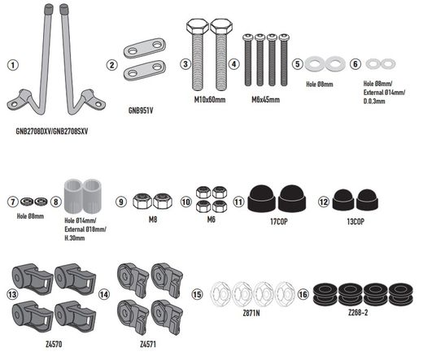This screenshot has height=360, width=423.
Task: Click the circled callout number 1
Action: (13, 65)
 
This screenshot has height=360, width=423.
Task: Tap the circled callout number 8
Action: (56, 202)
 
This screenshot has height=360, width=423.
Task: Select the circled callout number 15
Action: (197, 294)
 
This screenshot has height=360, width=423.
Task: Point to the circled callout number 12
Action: (324, 202)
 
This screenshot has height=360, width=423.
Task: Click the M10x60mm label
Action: (210, 100)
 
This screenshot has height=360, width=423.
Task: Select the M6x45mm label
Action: (265, 100)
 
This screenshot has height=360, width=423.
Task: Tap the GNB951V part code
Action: (141, 111)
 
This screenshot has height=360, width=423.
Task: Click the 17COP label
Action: (279, 222)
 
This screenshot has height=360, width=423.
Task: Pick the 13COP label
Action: (355, 222)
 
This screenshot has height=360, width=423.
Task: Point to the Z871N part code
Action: (251, 313)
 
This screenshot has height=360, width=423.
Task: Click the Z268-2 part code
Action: (358, 313)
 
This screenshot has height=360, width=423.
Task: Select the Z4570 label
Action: (54, 345)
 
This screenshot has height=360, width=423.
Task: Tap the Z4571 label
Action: (148, 345)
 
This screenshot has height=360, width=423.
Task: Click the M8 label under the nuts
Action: (153, 219)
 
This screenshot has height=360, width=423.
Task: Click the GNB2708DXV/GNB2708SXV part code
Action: (52, 132)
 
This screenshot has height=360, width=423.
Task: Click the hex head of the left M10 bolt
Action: (198, 26)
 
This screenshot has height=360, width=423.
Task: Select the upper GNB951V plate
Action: (145, 48)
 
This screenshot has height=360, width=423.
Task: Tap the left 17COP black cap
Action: (262, 198)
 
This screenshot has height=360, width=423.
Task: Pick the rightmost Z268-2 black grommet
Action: (401, 293)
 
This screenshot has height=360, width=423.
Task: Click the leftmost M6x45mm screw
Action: (248, 60)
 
